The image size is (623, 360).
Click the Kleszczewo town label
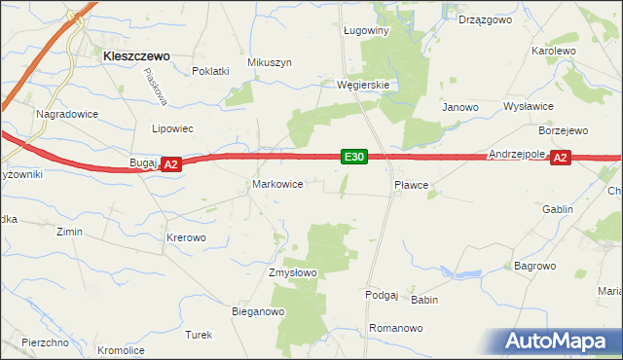136,56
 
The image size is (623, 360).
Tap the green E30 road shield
353,157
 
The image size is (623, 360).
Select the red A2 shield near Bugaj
170,165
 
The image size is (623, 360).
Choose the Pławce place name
412,183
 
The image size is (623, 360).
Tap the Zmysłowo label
293,273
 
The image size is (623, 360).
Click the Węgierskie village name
363,85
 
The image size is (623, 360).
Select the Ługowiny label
366,30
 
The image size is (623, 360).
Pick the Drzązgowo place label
486,19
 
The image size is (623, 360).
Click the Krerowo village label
186,237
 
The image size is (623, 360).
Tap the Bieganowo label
257,312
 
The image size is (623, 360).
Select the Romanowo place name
396,329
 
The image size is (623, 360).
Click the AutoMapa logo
557,341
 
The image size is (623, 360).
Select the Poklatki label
210,71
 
